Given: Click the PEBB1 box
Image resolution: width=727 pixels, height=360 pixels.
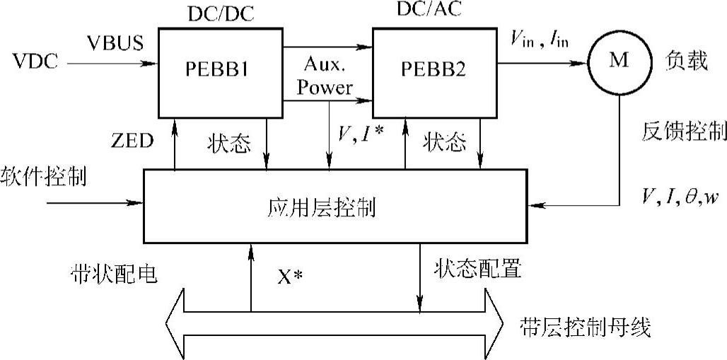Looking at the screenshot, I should [x=219, y=71].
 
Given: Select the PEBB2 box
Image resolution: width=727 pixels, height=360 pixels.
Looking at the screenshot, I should [x=435, y=71].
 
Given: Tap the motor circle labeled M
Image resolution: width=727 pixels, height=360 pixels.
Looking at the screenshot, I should [x=619, y=62].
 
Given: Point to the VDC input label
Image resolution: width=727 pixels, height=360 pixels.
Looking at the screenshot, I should [x=35, y=62].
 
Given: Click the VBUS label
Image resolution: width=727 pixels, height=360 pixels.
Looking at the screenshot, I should [x=115, y=42].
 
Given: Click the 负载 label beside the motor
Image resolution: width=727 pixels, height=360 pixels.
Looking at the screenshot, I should [x=685, y=62].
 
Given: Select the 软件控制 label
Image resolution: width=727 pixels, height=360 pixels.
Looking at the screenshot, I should [x=44, y=176].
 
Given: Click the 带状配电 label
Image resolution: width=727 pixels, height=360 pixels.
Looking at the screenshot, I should [x=113, y=273].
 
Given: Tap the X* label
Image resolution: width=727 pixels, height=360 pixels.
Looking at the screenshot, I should [x=289, y=275].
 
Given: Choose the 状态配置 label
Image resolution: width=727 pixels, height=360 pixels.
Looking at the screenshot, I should [x=479, y=269].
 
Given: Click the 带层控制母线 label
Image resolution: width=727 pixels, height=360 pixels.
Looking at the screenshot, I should [x=584, y=327].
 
